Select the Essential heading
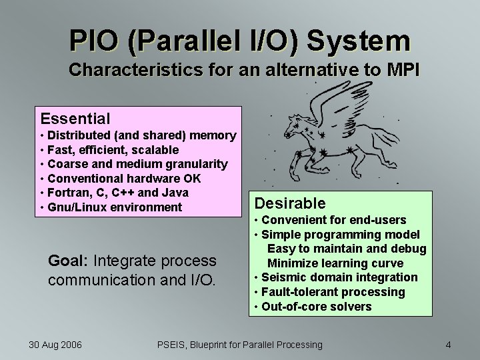coord(75,119)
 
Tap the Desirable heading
coord(290,203)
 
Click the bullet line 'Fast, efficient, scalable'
coord(113,150)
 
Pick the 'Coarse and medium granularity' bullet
coord(137,164)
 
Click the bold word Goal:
coord(69,260)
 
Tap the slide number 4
coord(448,345)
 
